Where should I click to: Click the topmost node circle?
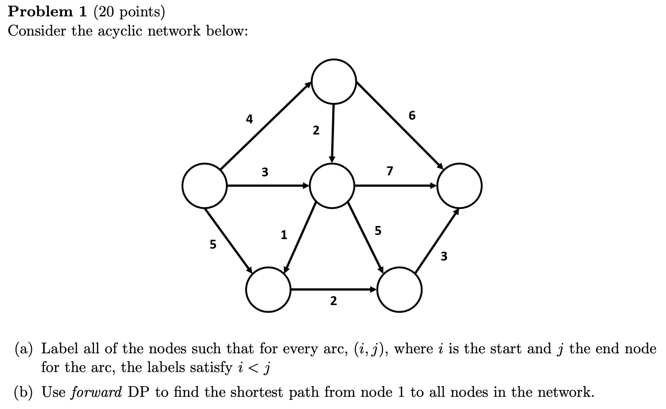coord(334,81)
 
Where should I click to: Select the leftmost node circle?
coord(204,186)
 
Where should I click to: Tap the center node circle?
coord(332,186)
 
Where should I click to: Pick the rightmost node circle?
coord(459,186)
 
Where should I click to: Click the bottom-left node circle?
coord(268,290)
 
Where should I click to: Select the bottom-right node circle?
coord(399,290)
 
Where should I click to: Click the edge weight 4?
coord(249,119)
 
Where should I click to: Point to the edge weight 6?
coord(412,115)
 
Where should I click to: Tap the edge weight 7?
coord(390,171)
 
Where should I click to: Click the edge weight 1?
coord(283,234)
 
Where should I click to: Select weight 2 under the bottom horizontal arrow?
coord(333,301)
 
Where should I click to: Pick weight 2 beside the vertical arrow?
coord(316,131)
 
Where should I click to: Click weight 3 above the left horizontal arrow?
coord(265,172)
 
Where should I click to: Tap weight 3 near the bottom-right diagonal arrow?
coord(444,256)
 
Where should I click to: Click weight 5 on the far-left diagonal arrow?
coord(213,244)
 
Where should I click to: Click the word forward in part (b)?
coord(96,392)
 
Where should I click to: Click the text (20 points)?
coord(130,11)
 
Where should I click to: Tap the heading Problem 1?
coord(47,11)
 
